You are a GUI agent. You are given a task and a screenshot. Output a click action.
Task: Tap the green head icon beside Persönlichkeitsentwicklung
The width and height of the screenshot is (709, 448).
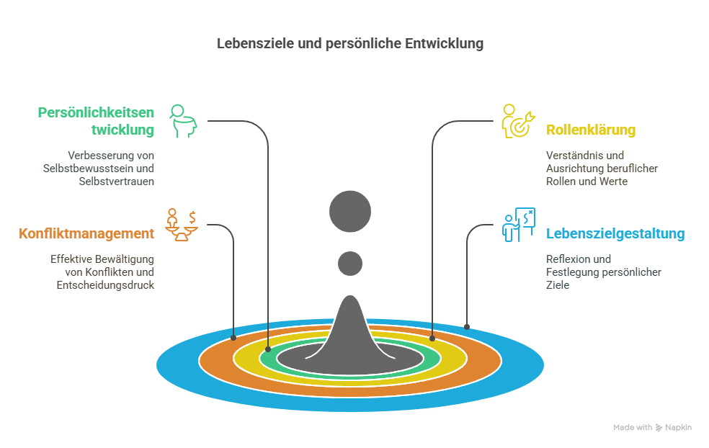click(183, 121)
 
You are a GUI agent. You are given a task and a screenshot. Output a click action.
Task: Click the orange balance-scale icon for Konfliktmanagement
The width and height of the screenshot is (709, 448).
click(182, 225)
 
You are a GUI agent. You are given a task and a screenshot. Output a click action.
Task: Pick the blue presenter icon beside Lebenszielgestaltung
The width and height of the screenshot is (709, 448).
click(519, 225)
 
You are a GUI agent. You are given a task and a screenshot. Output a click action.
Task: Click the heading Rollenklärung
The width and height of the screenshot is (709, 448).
click(591, 130)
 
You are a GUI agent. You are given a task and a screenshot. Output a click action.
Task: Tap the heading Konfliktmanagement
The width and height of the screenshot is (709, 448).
click(86, 233)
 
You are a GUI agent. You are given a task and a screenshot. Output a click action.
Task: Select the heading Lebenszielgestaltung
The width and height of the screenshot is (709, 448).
click(615, 233)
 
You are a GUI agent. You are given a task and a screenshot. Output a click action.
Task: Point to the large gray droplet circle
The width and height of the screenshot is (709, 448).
click(350, 212)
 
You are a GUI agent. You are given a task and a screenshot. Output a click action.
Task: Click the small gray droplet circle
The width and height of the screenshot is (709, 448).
click(350, 264)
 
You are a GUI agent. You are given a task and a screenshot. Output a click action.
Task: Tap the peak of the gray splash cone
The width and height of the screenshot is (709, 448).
click(350, 296)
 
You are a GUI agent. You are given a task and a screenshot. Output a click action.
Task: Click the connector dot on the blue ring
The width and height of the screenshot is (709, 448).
click(467, 327)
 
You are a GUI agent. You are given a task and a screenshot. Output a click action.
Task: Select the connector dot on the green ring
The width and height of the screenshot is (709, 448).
click(268, 349)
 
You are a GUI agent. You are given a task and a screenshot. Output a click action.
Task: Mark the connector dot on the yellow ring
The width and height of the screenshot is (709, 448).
click(432, 338)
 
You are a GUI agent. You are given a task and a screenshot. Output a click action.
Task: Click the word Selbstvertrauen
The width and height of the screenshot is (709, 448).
click(116, 182)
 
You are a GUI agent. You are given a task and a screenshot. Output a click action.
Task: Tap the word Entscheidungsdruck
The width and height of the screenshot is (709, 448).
click(105, 285)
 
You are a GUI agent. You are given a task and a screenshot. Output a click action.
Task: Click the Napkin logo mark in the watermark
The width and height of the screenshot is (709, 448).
click(659, 428)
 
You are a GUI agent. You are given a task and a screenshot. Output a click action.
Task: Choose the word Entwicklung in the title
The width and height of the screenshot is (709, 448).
click(444, 43)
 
